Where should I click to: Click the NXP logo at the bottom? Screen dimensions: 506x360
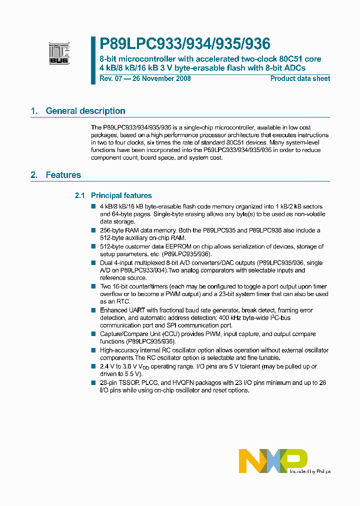coord(272,460)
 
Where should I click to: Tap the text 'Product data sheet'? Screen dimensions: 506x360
coord(300,78)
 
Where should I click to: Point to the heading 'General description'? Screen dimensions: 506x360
coord(85,111)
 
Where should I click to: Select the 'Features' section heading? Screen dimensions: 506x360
coord(63,175)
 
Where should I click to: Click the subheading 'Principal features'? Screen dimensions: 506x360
coord(121,195)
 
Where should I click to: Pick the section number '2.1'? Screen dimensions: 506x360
coord(80,195)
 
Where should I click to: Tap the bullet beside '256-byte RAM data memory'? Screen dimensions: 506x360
coord(93,230)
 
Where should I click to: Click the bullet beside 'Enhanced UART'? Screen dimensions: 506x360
coord(93,310)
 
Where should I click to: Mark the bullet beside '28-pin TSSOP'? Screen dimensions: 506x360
coord(93,383)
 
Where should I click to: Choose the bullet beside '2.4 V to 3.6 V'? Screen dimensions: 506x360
coord(93,366)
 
